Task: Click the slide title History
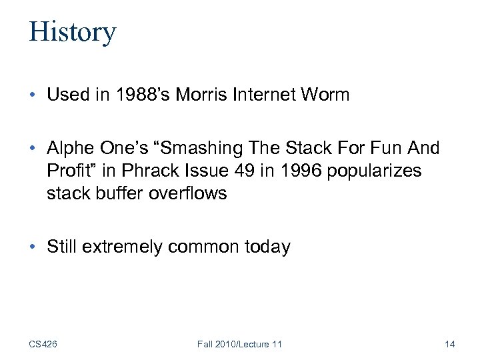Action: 72,32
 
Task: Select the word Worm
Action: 325,95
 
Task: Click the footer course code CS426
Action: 43,344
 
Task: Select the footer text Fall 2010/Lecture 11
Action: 239,344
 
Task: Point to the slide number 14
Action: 449,344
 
